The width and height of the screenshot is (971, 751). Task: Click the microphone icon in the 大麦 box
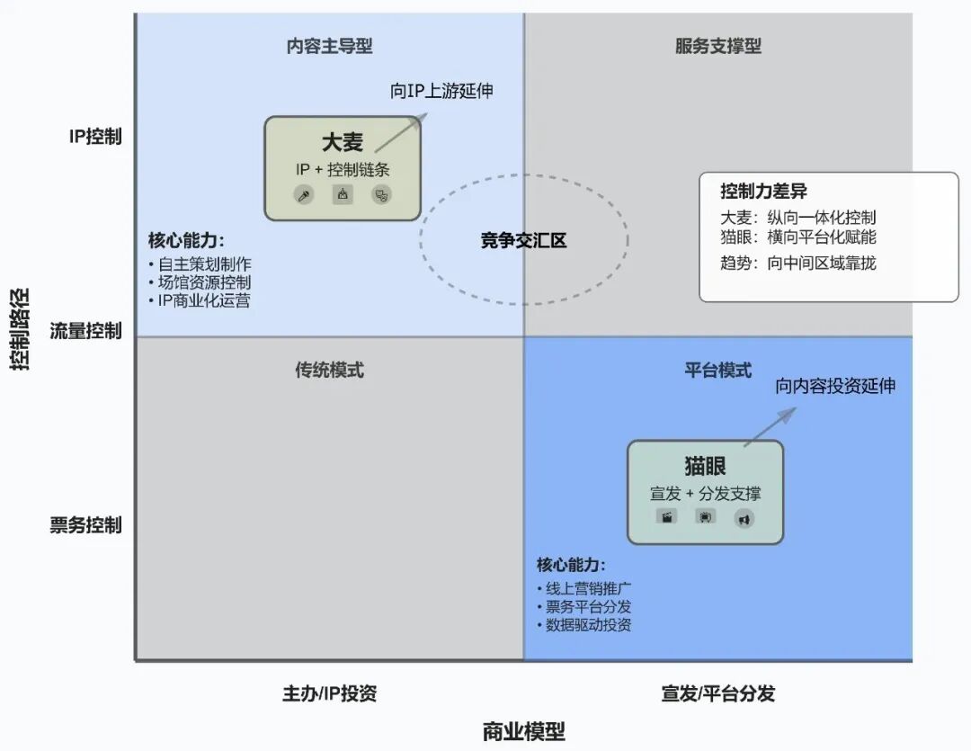point(305,195)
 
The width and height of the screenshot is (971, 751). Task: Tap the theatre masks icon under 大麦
point(382,194)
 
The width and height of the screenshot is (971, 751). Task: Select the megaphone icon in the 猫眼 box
point(744,518)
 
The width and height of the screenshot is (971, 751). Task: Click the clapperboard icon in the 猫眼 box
point(667,517)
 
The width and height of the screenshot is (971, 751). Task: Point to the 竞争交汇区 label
point(523,240)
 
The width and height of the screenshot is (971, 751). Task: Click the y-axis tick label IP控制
point(95,138)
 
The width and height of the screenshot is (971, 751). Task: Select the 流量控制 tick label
point(85,331)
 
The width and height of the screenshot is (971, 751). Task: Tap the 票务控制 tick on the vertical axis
point(85,525)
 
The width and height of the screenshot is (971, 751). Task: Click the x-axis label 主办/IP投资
point(329,693)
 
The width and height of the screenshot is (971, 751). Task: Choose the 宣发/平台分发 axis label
point(717,693)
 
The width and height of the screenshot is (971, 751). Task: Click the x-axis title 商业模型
point(523,730)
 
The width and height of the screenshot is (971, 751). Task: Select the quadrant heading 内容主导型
point(329,46)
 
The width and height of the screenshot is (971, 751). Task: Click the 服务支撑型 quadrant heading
point(717,46)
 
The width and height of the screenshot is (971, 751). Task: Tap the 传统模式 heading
point(329,370)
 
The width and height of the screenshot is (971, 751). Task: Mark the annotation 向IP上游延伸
point(441,91)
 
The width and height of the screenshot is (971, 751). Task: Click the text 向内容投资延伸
point(835,386)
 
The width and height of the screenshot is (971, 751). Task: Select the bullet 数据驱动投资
point(588,624)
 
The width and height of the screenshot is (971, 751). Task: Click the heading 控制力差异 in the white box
point(763,192)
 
